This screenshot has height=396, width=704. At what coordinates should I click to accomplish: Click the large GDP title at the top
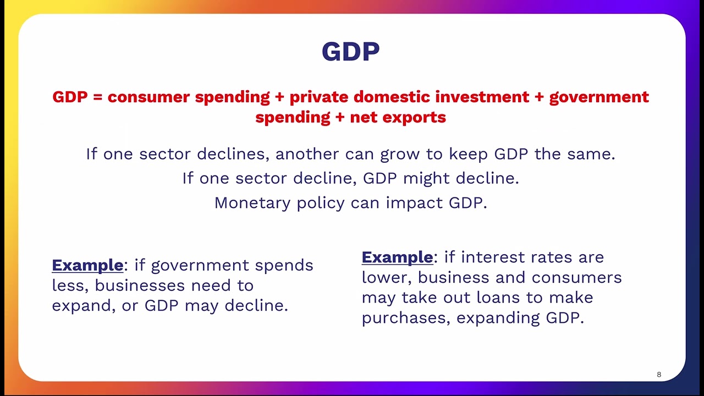tap(350, 52)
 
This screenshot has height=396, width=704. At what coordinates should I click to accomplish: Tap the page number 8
tap(659, 375)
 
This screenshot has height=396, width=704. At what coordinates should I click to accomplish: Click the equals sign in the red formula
tap(98, 97)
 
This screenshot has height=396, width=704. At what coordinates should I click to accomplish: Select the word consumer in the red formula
tap(148, 97)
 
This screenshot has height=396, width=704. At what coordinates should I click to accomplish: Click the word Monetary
tap(252, 202)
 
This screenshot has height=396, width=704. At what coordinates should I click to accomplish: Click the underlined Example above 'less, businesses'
tap(87, 265)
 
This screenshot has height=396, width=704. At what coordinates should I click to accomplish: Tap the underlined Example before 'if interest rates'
tap(397, 257)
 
